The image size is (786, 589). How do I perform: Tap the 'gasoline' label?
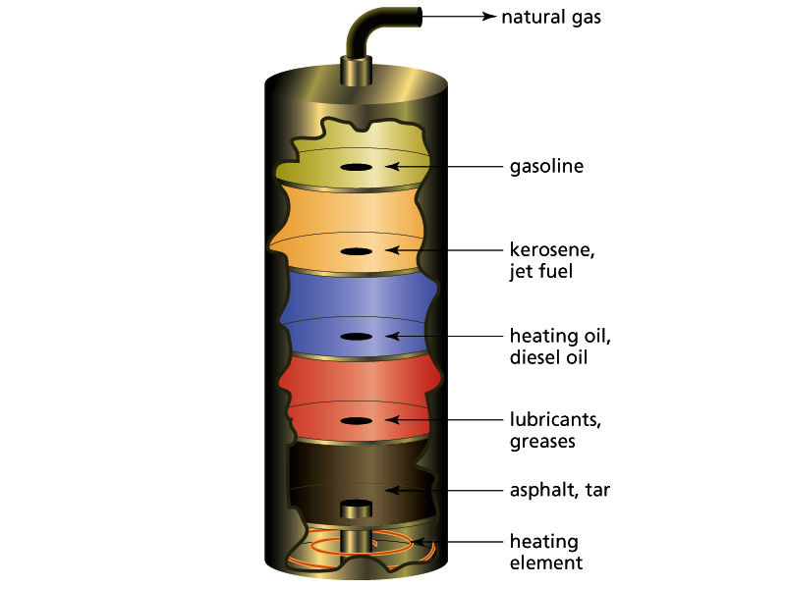tap(546, 166)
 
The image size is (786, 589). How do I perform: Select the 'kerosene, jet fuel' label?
tap(552, 259)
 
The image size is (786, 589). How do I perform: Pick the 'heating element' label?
tap(545, 552)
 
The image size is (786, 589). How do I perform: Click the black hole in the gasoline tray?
tap(356, 167)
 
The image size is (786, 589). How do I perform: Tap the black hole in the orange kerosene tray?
tap(356, 251)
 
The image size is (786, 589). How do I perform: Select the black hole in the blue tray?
tap(356, 337)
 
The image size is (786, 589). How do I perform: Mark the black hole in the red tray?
tap(356, 421)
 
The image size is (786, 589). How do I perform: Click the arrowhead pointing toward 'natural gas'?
tap(488, 17)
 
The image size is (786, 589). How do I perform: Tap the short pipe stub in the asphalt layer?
tap(356, 510)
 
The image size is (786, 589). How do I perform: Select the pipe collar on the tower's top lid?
tap(356, 71)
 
